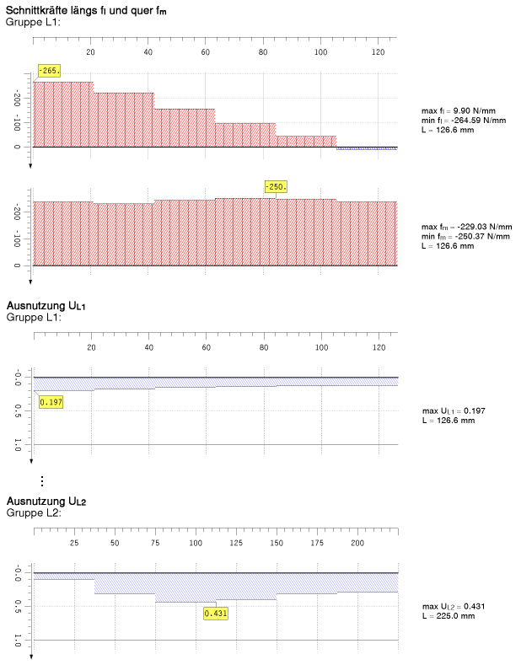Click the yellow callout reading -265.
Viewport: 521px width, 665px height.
click(x=48, y=71)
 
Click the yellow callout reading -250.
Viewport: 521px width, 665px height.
click(x=275, y=186)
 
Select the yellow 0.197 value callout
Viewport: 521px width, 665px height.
click(x=51, y=402)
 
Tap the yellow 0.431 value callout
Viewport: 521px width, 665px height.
click(x=216, y=613)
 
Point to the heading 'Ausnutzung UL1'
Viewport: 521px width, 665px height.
click(x=46, y=306)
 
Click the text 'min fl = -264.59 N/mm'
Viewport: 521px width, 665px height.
click(x=463, y=121)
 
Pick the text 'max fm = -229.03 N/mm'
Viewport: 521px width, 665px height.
click(x=465, y=227)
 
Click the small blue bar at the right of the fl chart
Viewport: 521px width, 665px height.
click(x=367, y=148)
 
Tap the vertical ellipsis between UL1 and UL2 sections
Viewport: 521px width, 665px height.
click(x=42, y=481)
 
